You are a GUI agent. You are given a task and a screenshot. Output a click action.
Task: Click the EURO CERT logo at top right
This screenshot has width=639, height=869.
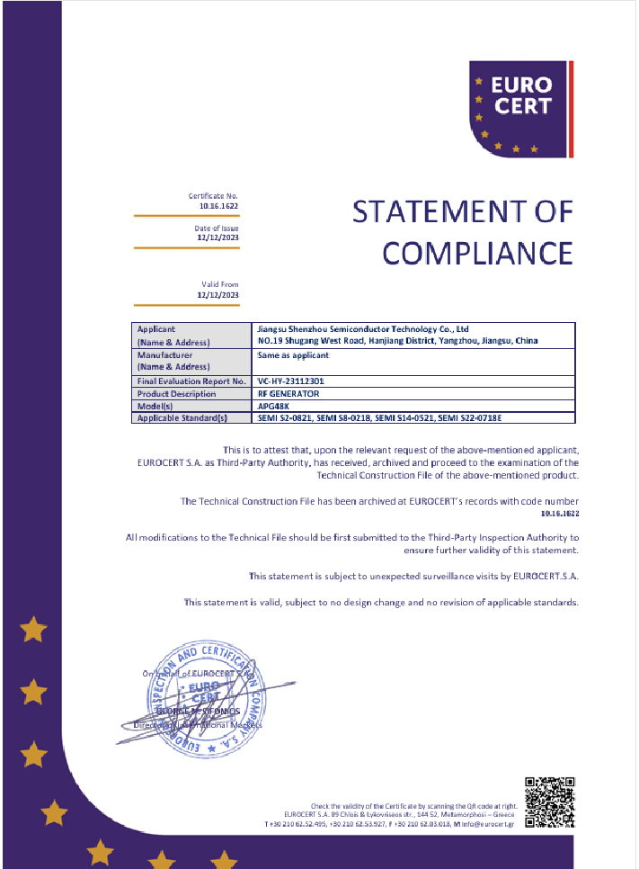pyautogui.click(x=519, y=107)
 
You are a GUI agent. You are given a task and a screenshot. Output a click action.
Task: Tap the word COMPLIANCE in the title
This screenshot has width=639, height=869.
pyautogui.click(x=477, y=252)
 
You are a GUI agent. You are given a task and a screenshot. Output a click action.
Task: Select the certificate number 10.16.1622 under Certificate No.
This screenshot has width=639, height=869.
pyautogui.click(x=219, y=206)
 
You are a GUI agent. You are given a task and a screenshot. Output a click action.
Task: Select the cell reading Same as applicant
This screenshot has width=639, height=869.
pyautogui.click(x=294, y=355)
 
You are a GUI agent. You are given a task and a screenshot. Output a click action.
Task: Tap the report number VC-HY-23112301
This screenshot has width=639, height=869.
pyautogui.click(x=291, y=381)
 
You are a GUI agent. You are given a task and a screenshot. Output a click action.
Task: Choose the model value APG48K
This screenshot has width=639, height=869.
pyautogui.click(x=272, y=406)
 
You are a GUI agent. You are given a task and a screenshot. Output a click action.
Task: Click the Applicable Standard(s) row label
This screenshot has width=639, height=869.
pyautogui.click(x=182, y=417)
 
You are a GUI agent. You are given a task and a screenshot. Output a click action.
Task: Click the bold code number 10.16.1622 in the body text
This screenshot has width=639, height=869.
pyautogui.click(x=560, y=512)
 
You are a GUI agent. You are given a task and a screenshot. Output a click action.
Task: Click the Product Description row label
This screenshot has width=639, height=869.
pyautogui.click(x=176, y=393)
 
